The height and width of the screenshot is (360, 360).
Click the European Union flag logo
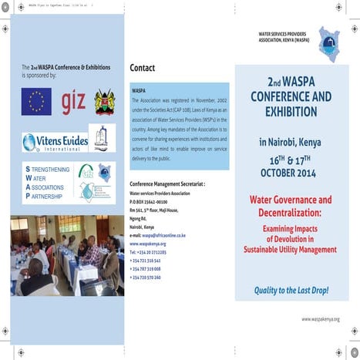[x=36, y=100]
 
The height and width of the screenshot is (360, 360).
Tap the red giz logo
[x=73, y=101]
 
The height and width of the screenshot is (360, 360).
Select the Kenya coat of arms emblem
[x=104, y=101]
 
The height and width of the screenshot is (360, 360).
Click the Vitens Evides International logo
[x=56, y=142]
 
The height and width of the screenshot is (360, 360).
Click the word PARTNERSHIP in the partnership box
[x=50, y=196]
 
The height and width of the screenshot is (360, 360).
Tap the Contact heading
[x=143, y=68]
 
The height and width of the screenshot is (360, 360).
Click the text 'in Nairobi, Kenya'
[x=290, y=142]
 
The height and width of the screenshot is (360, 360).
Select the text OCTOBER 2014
[x=290, y=173]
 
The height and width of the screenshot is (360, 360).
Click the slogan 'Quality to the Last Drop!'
[x=291, y=290]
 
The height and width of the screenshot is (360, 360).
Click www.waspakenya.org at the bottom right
[x=320, y=318]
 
